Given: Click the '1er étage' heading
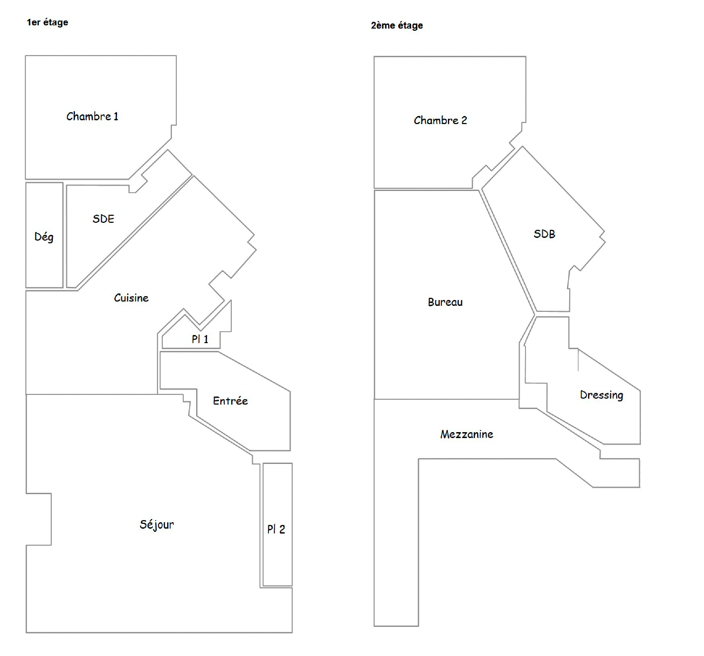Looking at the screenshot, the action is click(x=47, y=22).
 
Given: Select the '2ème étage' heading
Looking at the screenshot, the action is click(x=397, y=25).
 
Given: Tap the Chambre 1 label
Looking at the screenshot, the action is click(x=92, y=117).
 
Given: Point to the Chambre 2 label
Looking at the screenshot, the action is click(x=440, y=120).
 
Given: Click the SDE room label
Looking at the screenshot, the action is click(x=103, y=219).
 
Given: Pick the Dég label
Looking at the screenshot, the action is click(x=44, y=237).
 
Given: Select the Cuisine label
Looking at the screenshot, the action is click(x=131, y=298).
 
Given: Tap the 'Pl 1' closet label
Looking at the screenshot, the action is click(x=200, y=339).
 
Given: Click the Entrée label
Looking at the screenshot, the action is click(x=230, y=400).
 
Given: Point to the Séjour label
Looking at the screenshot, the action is click(x=157, y=525).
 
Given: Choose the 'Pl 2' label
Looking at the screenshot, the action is click(x=276, y=529).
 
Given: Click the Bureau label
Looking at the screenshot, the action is click(x=445, y=302).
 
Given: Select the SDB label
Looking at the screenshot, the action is click(x=544, y=234).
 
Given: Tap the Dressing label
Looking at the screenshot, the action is click(x=602, y=395).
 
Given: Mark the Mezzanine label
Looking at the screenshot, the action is click(x=467, y=434).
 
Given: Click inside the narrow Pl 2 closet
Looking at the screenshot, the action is click(x=278, y=497).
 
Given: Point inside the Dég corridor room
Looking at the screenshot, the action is click(x=44, y=263).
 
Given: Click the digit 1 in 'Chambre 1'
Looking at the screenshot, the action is click(x=116, y=117).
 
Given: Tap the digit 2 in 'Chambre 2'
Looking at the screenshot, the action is click(x=464, y=120).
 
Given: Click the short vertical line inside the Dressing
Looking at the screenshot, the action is click(x=578, y=360).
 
